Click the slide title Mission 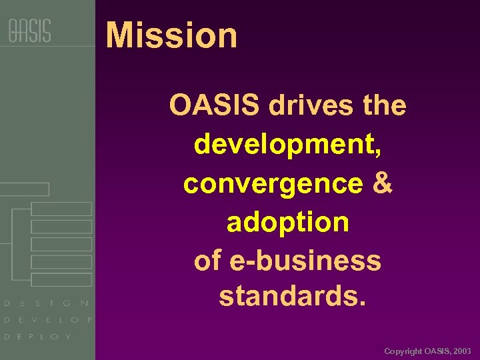point(171,35)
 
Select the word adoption point(287,222)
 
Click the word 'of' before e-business point(207,260)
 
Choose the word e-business point(306,260)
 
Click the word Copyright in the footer point(403,351)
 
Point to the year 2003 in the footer point(461,351)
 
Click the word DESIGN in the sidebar point(47,303)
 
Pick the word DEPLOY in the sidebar point(37,337)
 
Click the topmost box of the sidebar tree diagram point(25,189)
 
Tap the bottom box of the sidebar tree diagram point(61,279)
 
